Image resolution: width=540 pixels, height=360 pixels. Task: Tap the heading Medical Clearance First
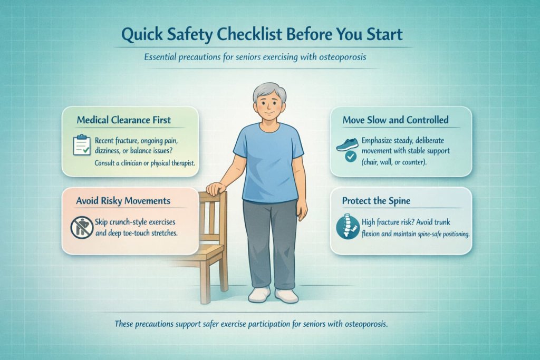124,120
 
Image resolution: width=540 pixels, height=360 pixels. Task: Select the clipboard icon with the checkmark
81,144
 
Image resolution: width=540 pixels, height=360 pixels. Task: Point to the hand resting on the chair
216,188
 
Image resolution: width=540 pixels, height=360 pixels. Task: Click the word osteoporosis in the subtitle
337,57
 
